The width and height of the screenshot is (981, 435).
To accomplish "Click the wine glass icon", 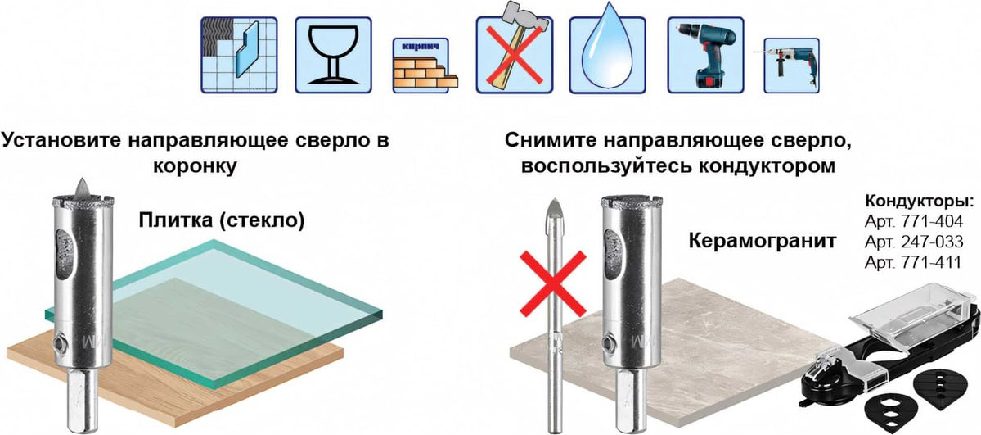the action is pos(334,55).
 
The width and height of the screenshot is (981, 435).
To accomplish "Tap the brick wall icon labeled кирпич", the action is pos(425,66).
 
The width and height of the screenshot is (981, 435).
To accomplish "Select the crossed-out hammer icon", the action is pos(515,54).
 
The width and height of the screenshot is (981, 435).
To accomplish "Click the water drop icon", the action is pos(607,55).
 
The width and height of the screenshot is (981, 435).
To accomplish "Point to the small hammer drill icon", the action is pos(791,66).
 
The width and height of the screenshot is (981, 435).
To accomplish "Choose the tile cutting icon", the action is pos(239,55).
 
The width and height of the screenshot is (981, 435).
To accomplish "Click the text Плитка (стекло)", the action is pos(222,221).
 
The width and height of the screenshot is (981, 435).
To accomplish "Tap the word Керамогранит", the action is pos(762,241).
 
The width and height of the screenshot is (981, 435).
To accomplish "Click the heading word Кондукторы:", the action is pos(919,202).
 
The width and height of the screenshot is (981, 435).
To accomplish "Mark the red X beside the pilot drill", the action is pos(554,283).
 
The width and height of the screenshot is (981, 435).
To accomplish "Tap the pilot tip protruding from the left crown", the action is pos(82,187).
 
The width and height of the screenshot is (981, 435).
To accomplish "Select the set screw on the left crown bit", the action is pos(61,342).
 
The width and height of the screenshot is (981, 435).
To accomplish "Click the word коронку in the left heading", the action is pos(196,167).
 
